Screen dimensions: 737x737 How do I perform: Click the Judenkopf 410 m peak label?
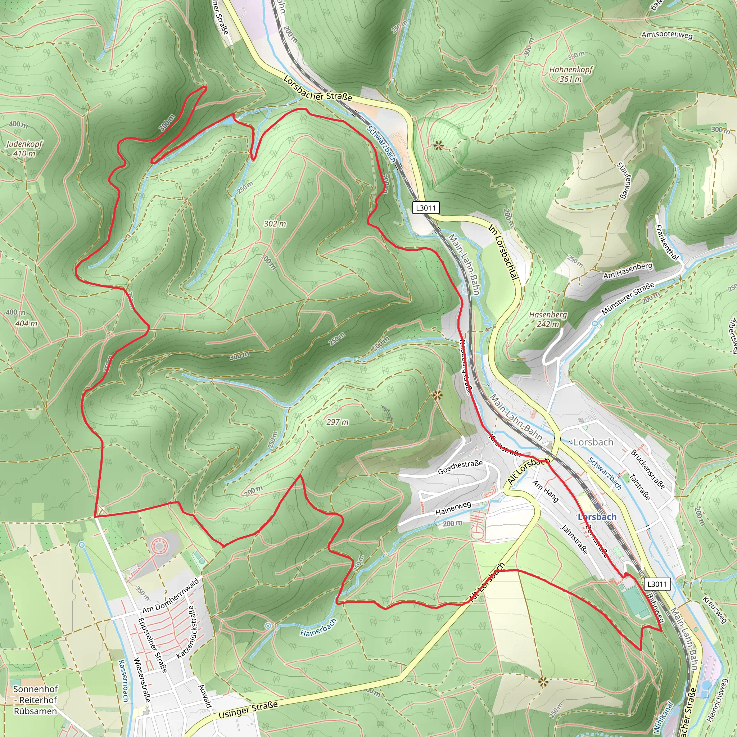pyautogui.click(x=24, y=149)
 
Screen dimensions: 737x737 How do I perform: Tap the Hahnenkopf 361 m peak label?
pyautogui.click(x=571, y=74)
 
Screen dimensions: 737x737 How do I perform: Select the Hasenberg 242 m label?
pyautogui.click(x=548, y=319)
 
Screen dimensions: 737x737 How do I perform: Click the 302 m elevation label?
pyautogui.click(x=275, y=224)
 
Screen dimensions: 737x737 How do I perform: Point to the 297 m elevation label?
pyautogui.click(x=337, y=422)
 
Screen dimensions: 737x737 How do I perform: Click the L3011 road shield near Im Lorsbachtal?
pyautogui.click(x=425, y=208)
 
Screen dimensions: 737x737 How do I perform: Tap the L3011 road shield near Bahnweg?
pyautogui.click(x=657, y=584)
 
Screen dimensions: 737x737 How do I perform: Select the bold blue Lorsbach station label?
pyautogui.click(x=597, y=517)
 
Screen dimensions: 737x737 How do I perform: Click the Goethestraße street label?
pyautogui.click(x=460, y=467)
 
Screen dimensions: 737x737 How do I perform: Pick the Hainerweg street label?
pyautogui.click(x=453, y=508)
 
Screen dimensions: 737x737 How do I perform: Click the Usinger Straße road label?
pyautogui.click(x=248, y=710)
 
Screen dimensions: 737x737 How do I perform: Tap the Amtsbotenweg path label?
pyautogui.click(x=667, y=34)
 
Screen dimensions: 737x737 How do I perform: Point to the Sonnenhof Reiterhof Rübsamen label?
pyautogui.click(x=36, y=700)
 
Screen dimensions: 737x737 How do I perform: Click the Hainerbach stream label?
pyautogui.click(x=318, y=628)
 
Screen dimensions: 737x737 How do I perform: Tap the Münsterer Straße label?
pyautogui.click(x=628, y=298)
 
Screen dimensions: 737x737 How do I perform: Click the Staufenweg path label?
pyautogui.click(x=625, y=180)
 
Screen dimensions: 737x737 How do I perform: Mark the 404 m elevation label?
pyautogui.click(x=26, y=324)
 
